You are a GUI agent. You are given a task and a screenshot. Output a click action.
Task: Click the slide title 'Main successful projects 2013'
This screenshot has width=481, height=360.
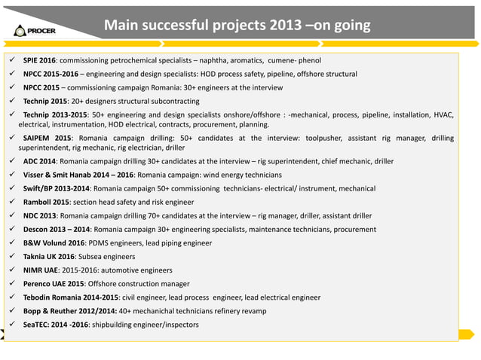(x=236, y=26)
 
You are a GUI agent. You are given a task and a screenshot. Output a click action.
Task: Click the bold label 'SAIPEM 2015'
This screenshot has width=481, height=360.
(x=47, y=139)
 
